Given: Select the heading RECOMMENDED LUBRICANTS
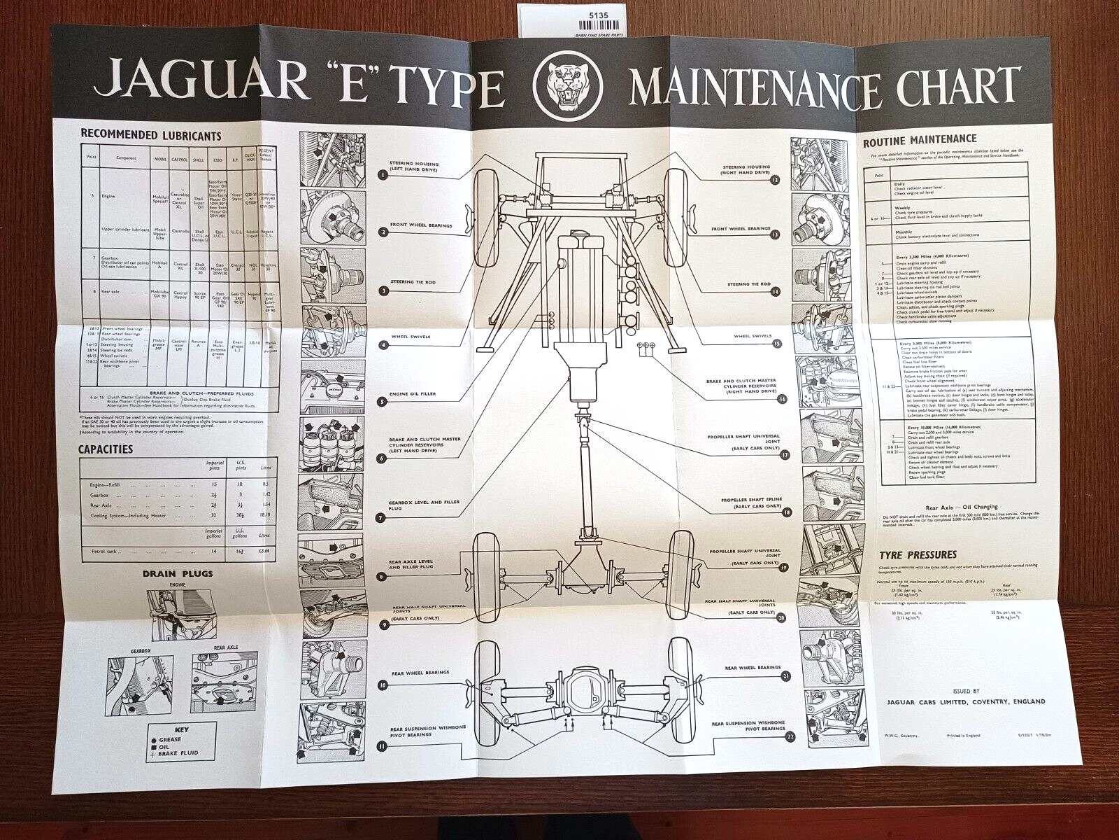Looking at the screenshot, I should point(151,136).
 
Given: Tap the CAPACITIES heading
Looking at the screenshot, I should point(106,449).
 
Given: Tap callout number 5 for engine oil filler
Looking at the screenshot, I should point(383,402).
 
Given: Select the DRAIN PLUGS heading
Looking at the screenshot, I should point(177,574).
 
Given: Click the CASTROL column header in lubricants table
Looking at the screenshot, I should point(180,159).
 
